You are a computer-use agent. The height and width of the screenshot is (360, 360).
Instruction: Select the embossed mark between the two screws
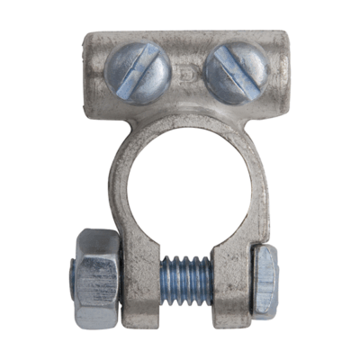pos(186,69)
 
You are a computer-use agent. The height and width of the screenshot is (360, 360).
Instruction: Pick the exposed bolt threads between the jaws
pos(187,273)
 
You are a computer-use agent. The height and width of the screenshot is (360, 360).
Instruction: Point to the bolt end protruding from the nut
pos(72,279)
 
